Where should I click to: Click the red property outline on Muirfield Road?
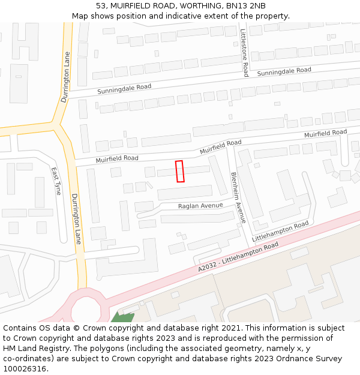[x=179, y=171]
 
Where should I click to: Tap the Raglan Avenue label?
[x=200, y=206]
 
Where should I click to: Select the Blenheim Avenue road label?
[x=238, y=197]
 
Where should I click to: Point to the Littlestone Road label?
[x=244, y=53]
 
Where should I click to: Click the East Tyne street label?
[x=56, y=181]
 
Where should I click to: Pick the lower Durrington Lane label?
[x=76, y=218]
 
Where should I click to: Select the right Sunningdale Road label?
[x=284, y=72]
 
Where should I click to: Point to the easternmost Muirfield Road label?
[x=325, y=133]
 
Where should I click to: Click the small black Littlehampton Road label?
[x=280, y=231]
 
